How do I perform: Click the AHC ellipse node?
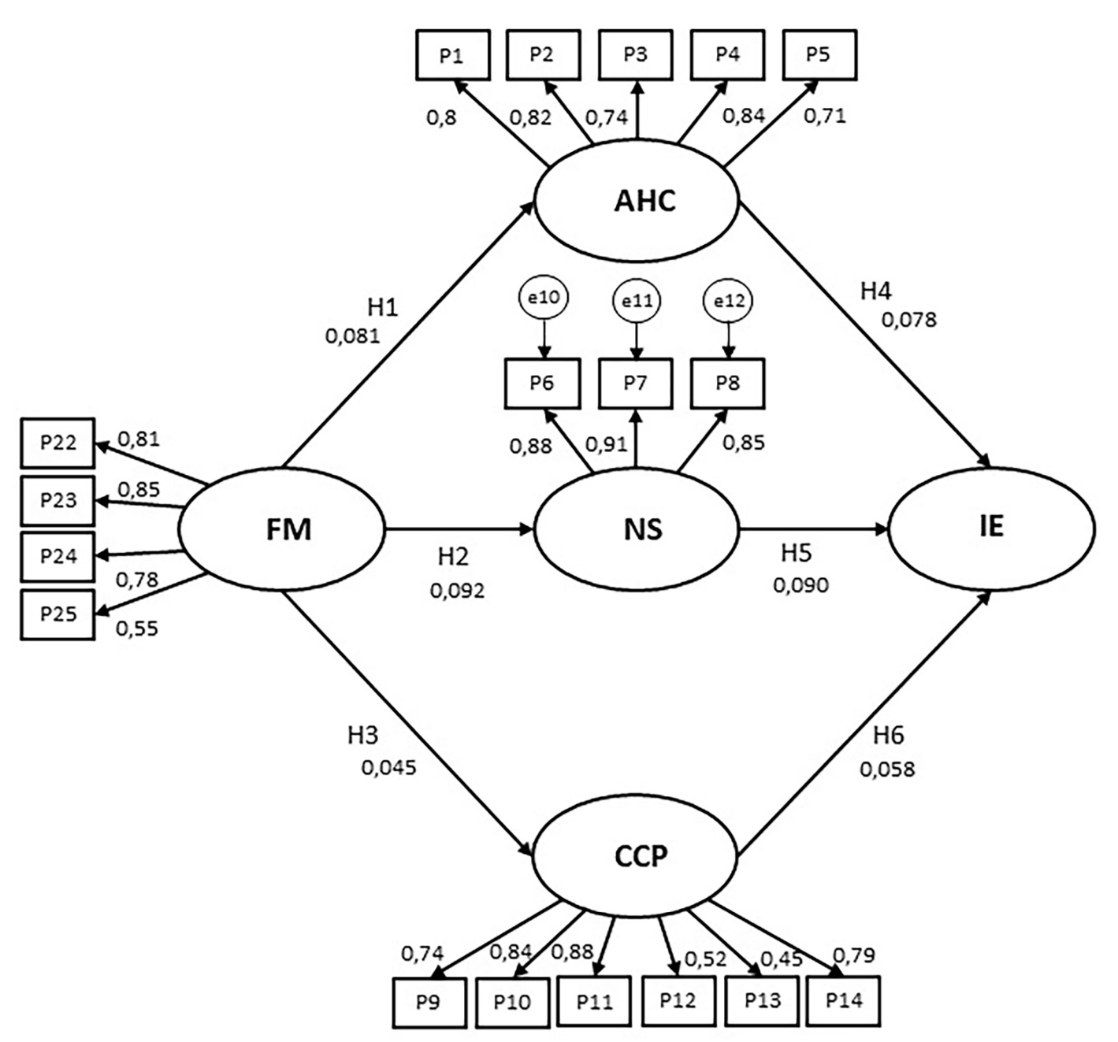[x=637, y=202]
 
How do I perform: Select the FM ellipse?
[x=281, y=529]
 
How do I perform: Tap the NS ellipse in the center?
[x=637, y=529]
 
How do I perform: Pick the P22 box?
[x=58, y=443]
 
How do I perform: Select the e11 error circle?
[x=637, y=301]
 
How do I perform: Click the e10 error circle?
[x=543, y=298]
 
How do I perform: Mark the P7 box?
[x=635, y=384]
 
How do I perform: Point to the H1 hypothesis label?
[x=382, y=308]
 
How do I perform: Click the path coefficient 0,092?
[x=457, y=590]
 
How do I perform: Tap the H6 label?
[x=888, y=736]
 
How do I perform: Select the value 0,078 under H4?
[x=908, y=320]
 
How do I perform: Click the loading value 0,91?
[x=606, y=443]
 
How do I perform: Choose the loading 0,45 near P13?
[x=781, y=959]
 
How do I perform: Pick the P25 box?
[x=58, y=614]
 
